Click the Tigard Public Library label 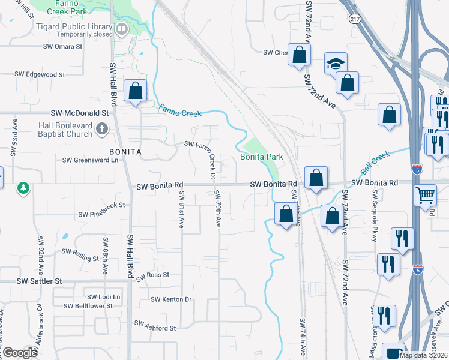(x=84, y=27)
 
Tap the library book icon (x=122, y=28)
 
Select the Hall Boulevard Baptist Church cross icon (x=103, y=127)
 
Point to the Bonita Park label (x=262, y=157)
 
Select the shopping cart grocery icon (x=425, y=194)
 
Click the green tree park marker (x=23, y=188)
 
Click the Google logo (x=20, y=353)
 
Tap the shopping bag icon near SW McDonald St (x=136, y=92)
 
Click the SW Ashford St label (x=155, y=328)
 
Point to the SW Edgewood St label (x=40, y=74)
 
